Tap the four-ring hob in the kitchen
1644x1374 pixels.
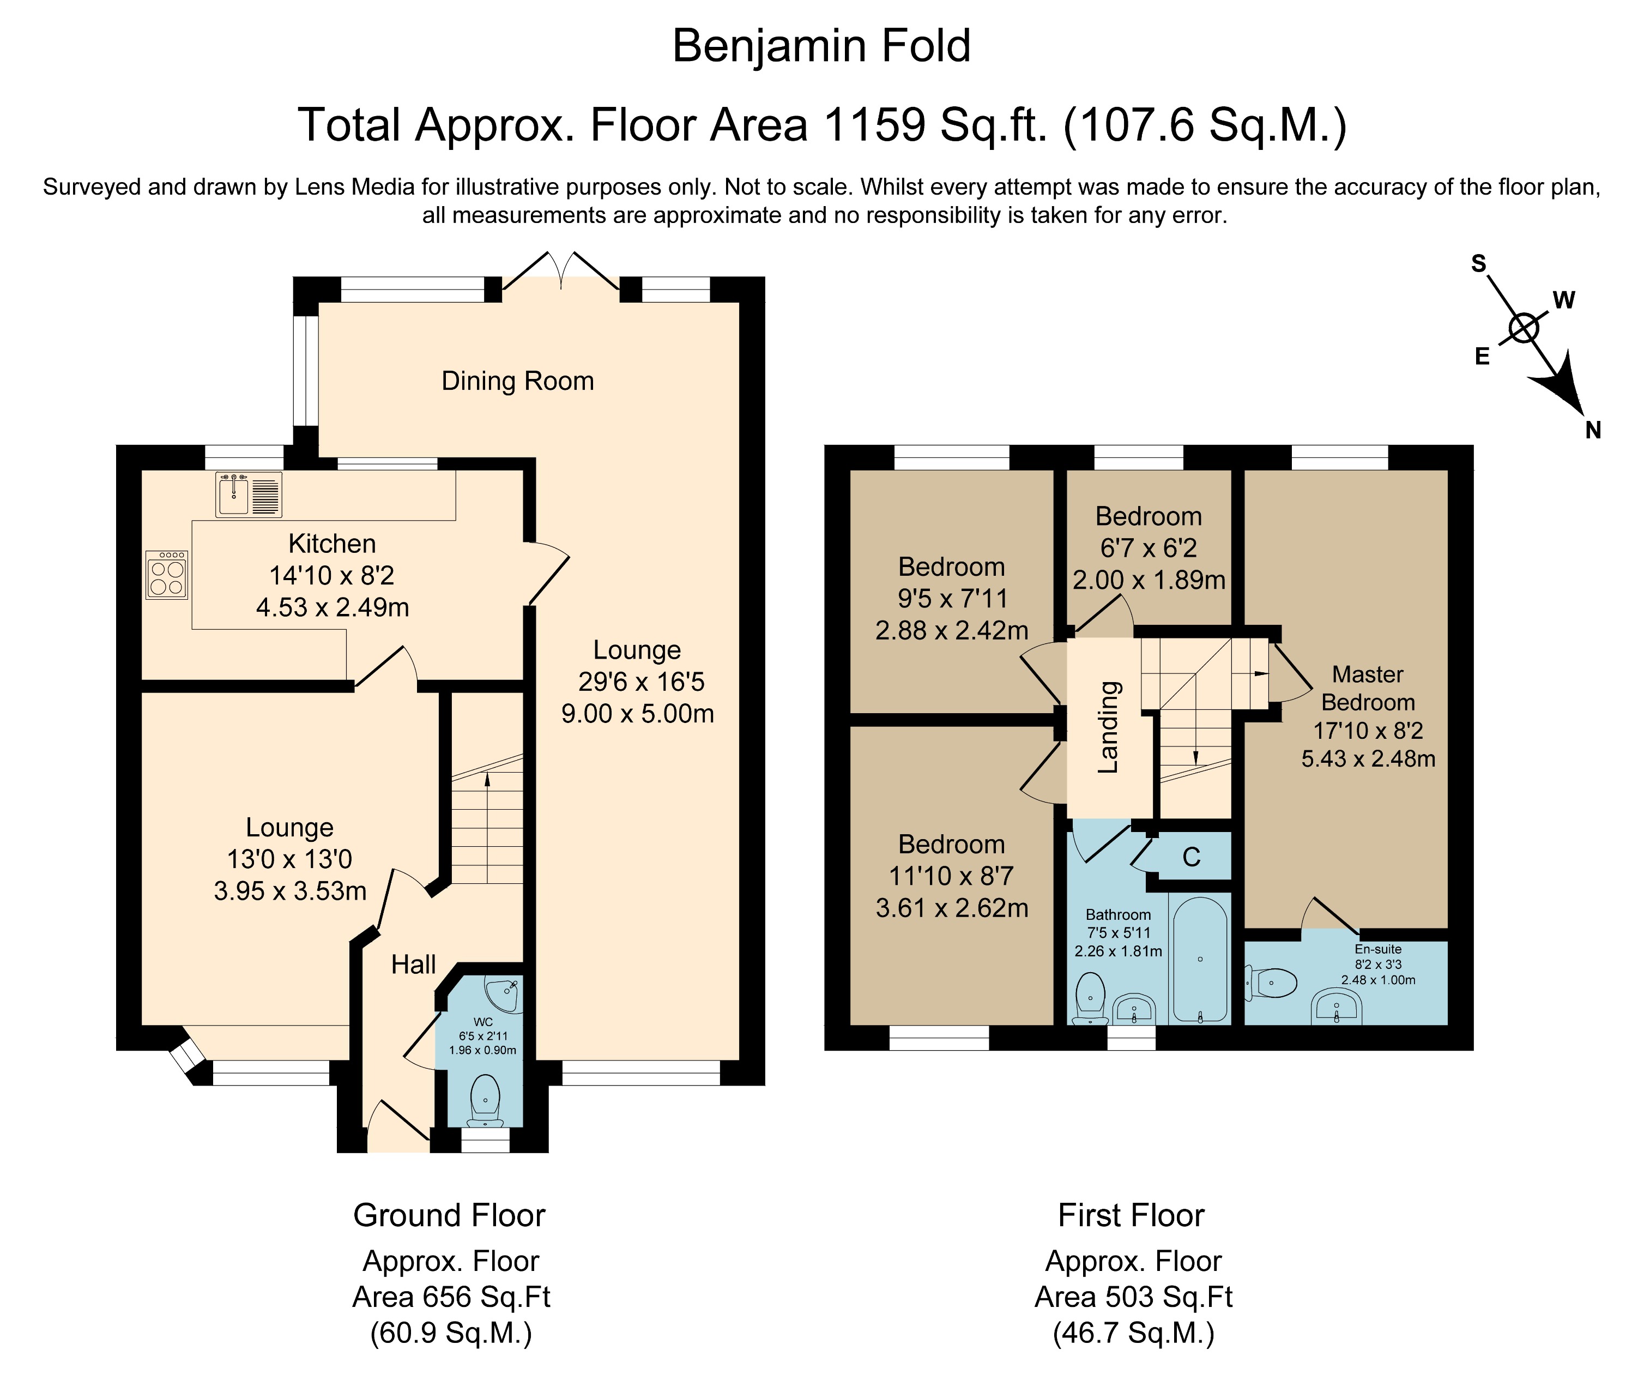point(167,575)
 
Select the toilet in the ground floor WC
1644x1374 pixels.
point(486,1099)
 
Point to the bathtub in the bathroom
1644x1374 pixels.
point(1200,959)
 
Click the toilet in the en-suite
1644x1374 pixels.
point(1272,983)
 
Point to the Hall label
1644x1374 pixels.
point(413,965)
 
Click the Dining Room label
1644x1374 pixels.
point(517,381)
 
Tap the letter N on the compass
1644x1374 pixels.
point(1592,430)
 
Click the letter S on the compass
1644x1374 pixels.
point(1478,264)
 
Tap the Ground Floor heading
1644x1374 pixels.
point(449,1216)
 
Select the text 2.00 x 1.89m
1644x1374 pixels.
point(1149,580)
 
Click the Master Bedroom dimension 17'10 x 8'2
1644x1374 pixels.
point(1368,731)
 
